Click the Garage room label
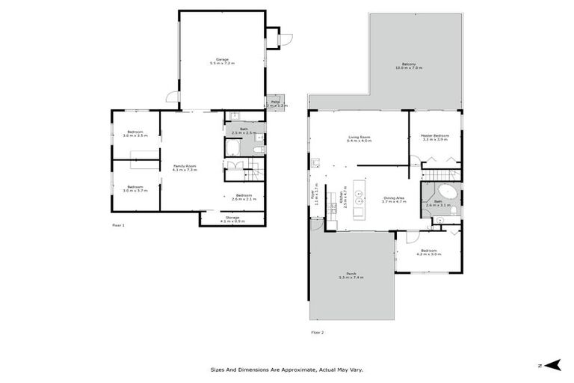[x=221, y=61]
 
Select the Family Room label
[x=184, y=168]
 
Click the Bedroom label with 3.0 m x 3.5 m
[x=135, y=134]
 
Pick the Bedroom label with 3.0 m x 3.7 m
[x=135, y=189]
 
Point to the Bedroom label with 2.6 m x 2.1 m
[x=244, y=197]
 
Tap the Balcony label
[x=409, y=66]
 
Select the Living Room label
[x=359, y=139]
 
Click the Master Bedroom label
[x=435, y=138]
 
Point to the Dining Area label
[x=394, y=200]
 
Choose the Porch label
[x=351, y=275]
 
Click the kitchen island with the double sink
[x=359, y=198]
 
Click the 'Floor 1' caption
[x=119, y=224]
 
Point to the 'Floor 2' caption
[x=318, y=331]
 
